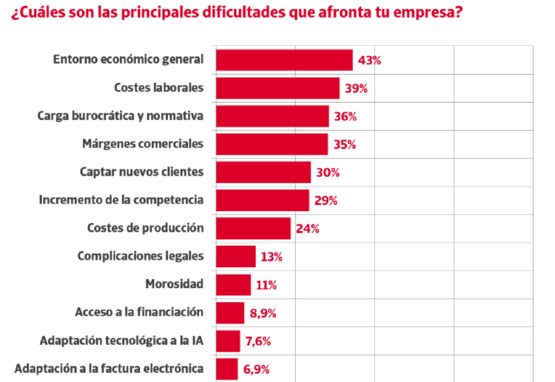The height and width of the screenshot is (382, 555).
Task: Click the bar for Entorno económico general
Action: (284, 60)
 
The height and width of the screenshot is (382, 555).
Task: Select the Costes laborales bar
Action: (277, 88)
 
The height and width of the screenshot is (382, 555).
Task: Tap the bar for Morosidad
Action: (233, 284)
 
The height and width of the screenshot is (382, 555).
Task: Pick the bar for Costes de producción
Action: (253, 228)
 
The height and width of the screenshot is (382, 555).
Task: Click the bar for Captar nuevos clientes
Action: (263, 172)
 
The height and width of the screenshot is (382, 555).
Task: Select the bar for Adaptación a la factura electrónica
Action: (226, 368)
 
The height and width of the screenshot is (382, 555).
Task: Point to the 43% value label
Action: (369, 61)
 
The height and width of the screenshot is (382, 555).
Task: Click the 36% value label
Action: (346, 116)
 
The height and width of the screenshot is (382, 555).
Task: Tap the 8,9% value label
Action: (263, 313)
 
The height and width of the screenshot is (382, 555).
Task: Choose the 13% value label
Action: (272, 257)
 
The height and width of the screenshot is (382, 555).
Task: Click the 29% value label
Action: (326, 201)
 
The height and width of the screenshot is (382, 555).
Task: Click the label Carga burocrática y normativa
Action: (121, 116)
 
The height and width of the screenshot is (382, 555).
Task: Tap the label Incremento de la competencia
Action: (121, 200)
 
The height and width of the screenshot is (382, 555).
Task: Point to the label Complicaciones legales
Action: (140, 256)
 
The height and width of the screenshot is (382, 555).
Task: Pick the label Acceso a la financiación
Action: (139, 312)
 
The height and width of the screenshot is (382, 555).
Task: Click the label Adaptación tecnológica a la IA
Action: (122, 341)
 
